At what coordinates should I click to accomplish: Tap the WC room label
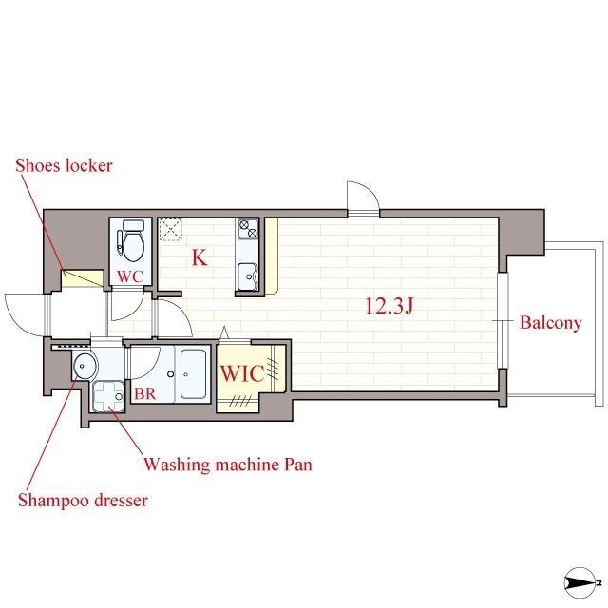click(x=130, y=276)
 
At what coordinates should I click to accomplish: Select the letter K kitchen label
click(x=199, y=257)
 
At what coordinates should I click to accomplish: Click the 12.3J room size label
click(x=389, y=306)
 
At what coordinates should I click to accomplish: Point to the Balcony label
click(x=551, y=323)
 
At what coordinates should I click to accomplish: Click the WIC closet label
click(x=242, y=373)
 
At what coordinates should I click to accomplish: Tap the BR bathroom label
click(x=145, y=393)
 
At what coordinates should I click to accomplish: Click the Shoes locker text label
click(x=64, y=165)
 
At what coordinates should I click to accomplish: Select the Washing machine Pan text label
click(x=228, y=465)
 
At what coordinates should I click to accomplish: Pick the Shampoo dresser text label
click(x=83, y=501)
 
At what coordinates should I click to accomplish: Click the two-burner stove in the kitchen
click(x=248, y=229)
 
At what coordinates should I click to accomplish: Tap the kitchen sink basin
click(x=247, y=276)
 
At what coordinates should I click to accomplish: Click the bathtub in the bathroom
click(x=193, y=373)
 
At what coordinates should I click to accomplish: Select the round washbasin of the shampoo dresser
click(x=85, y=365)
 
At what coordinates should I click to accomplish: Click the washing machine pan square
click(x=108, y=396)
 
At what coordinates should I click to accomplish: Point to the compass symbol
click(x=580, y=582)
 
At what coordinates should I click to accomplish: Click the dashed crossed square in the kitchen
click(x=171, y=229)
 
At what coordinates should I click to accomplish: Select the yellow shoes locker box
click(x=83, y=278)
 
